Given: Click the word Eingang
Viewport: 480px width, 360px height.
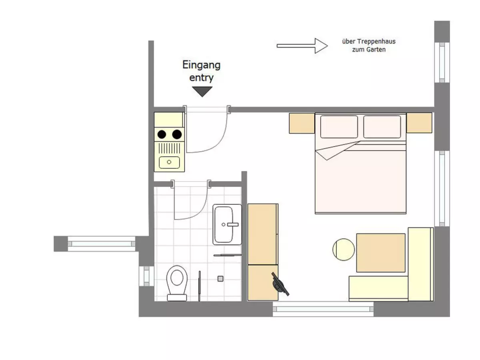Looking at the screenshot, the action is (x=201, y=65).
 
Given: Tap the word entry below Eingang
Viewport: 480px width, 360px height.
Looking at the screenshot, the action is (x=201, y=78).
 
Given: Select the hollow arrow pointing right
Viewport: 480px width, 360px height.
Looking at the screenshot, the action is (x=302, y=46).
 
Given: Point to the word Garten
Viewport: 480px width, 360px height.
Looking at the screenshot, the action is (x=376, y=50).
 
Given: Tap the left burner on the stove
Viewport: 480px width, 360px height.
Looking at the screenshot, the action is (x=162, y=134).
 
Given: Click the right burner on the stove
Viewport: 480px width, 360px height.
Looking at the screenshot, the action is (x=177, y=134).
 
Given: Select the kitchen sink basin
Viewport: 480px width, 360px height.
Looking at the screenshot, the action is (x=169, y=162).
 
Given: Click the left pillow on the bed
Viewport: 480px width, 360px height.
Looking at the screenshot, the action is (x=339, y=127).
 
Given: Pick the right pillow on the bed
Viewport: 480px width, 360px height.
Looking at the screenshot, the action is (x=382, y=127).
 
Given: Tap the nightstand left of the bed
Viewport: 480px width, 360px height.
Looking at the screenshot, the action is (x=302, y=123).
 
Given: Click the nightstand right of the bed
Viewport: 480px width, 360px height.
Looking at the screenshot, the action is (x=419, y=123).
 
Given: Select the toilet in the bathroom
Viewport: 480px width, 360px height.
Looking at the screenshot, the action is (x=177, y=283).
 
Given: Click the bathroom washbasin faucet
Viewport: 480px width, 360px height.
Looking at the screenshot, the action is (x=232, y=224).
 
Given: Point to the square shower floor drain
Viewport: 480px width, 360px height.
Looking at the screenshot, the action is (x=220, y=279).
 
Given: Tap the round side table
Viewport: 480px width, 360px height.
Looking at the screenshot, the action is (x=344, y=249).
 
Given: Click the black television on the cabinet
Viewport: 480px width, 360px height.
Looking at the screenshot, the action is (x=280, y=284).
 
